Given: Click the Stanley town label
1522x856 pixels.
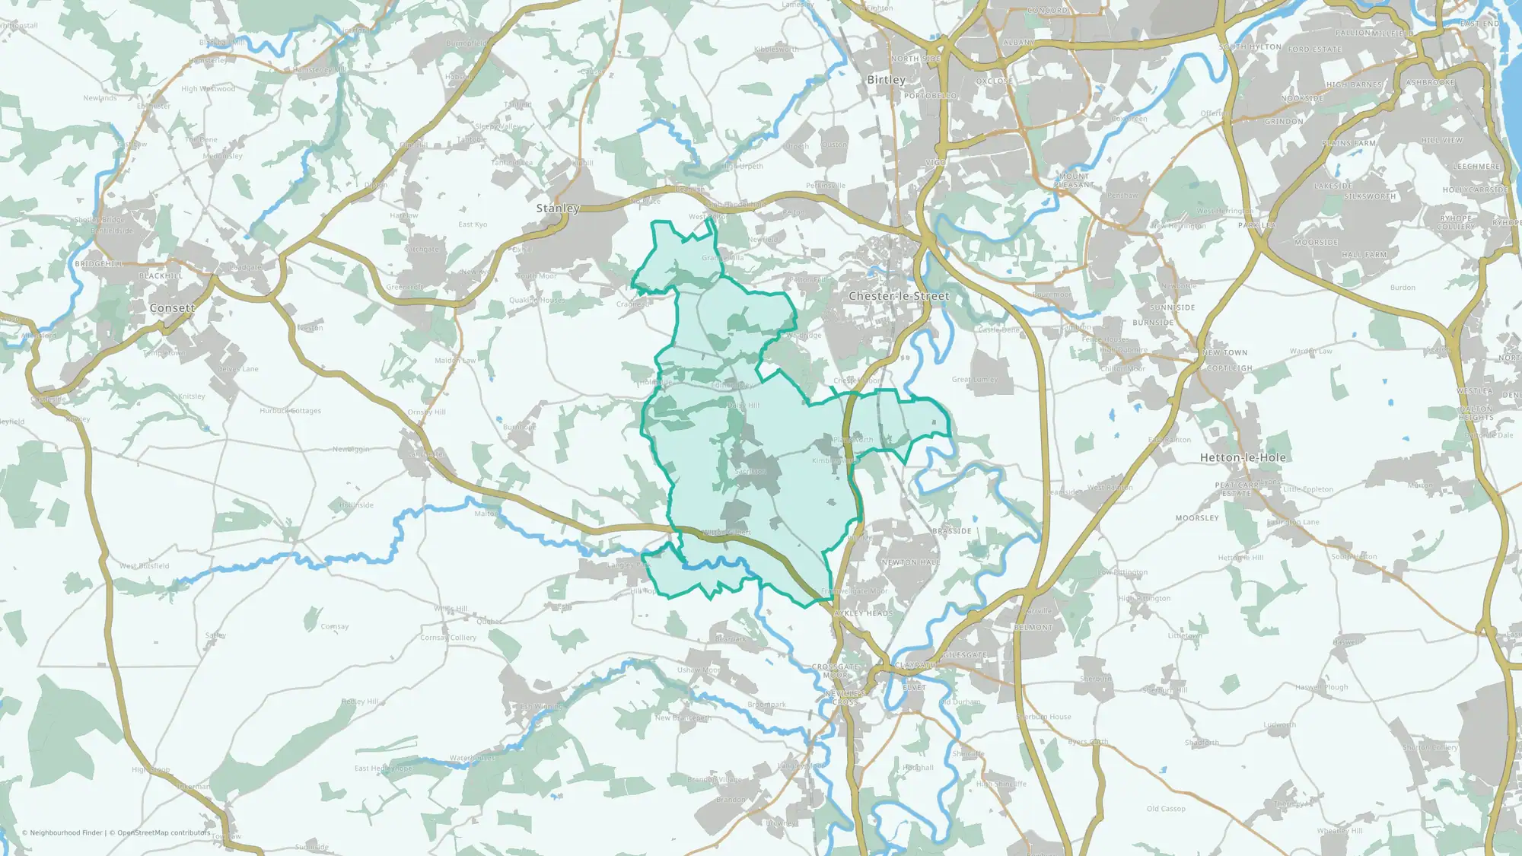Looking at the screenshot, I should coord(558,208).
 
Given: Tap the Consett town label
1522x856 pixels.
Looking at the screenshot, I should coord(172,308).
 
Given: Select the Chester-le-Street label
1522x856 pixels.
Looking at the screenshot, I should coord(899,296).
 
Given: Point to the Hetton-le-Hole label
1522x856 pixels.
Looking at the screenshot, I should coord(1243,458).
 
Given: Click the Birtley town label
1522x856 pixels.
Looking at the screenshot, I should coord(887,80).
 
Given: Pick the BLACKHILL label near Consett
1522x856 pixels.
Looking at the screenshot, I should coord(161,276).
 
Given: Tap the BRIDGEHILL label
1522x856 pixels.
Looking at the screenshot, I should coord(99,264).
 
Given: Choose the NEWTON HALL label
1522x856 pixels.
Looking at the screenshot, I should coord(910,562).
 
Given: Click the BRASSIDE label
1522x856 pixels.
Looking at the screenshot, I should coord(952,531).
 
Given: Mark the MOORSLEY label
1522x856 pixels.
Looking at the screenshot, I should coord(1197,518).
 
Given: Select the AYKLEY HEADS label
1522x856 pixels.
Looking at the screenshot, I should coord(864,613).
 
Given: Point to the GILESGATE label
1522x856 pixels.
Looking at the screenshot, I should coord(965,655).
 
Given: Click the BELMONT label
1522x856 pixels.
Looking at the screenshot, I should coord(1033,628).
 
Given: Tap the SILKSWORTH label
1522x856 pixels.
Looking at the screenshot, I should coord(1370,196).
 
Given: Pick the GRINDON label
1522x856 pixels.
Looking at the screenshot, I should coord(1284,122).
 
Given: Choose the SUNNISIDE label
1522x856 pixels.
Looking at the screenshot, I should coord(1172,308).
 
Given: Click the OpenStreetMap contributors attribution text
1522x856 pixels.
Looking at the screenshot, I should coord(164,832).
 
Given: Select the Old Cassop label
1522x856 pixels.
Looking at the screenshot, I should coord(1166,809).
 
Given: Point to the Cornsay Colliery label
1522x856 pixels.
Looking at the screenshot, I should coord(448,638).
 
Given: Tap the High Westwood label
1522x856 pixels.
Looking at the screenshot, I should coord(208,89).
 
